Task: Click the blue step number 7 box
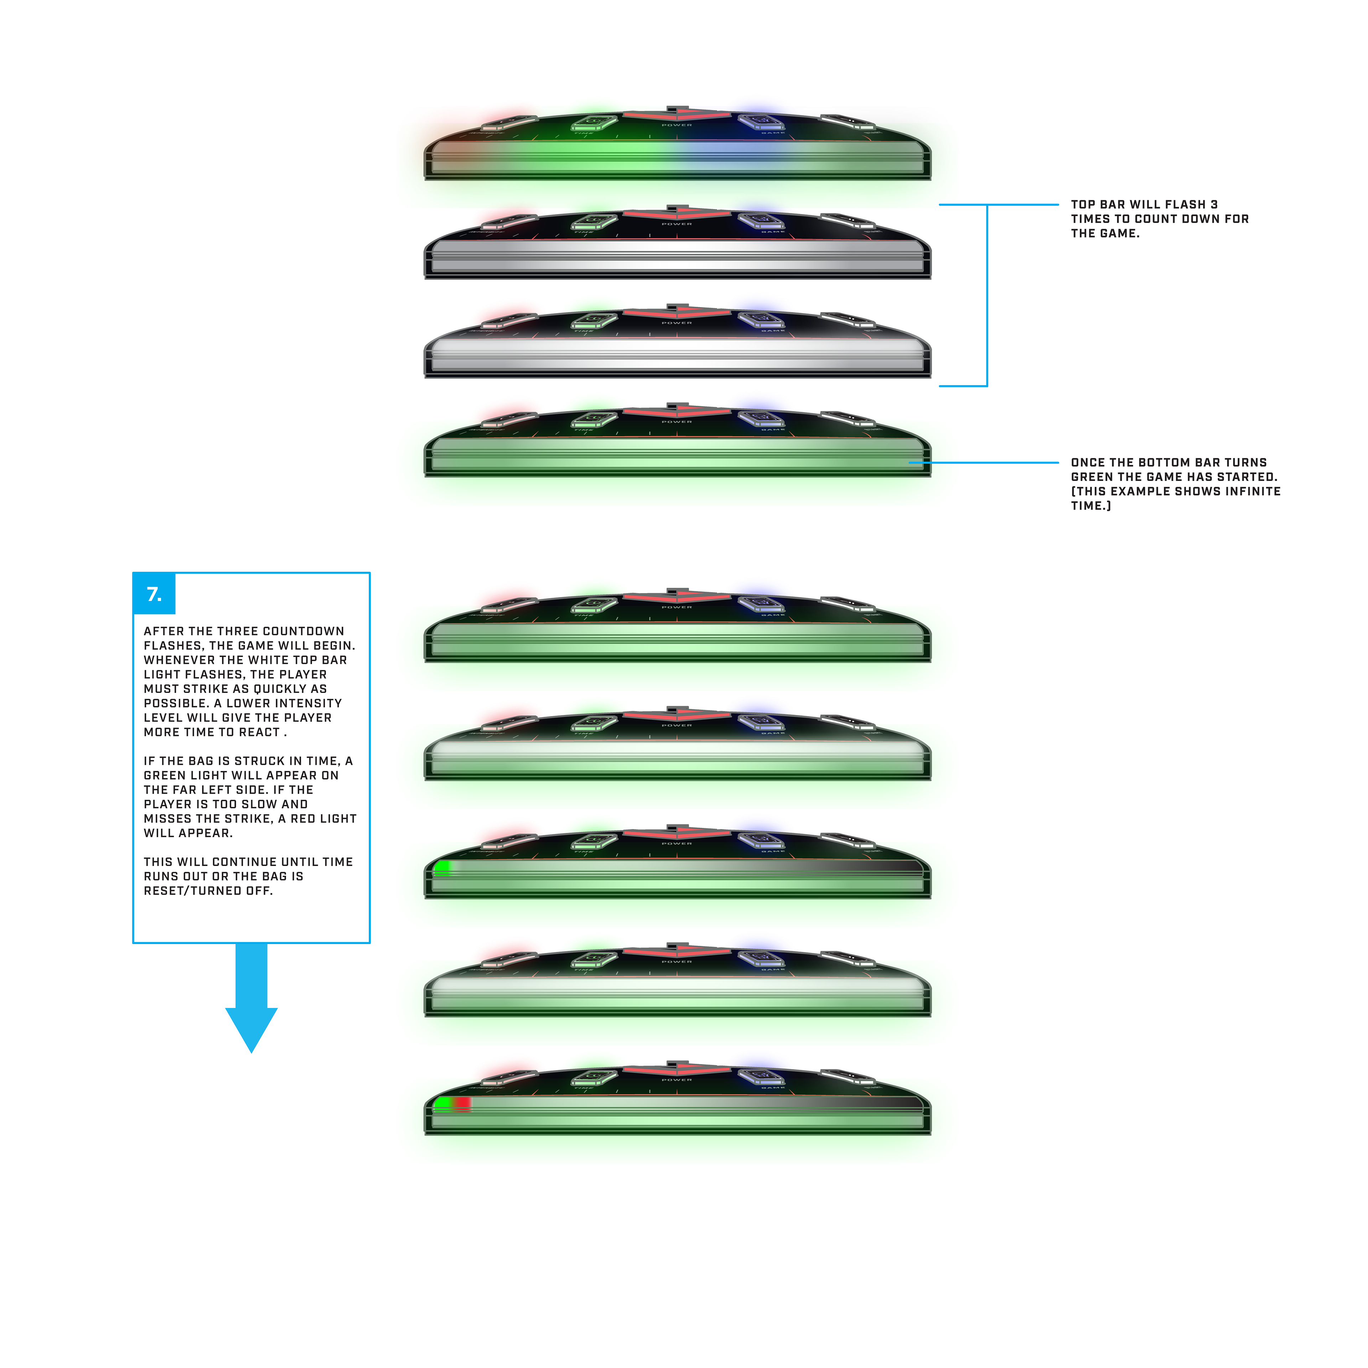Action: pyautogui.click(x=154, y=594)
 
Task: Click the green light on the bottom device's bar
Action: pyautogui.click(x=442, y=1103)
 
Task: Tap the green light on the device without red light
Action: pyautogui.click(x=442, y=866)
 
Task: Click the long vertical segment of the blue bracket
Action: pyautogui.click(x=987, y=295)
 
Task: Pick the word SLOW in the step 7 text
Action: pyautogui.click(x=258, y=804)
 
